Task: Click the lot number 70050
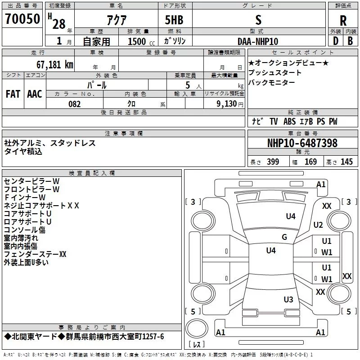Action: tap(22, 19)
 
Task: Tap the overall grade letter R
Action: tap(343, 21)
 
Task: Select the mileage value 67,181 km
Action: tap(54, 65)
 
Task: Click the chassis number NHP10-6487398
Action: tap(302, 143)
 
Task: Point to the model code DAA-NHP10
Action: tap(258, 41)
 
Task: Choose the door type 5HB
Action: tap(174, 20)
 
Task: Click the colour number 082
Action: tap(74, 104)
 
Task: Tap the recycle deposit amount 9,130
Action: tap(226, 104)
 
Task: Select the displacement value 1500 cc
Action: tap(141, 41)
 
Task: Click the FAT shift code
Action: tap(13, 94)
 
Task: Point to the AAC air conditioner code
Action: tap(35, 94)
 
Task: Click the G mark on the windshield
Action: tap(284, 237)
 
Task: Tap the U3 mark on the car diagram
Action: tap(288, 299)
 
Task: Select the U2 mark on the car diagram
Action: tap(318, 225)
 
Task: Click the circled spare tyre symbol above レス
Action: tap(197, 328)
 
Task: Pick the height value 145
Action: tap(346, 162)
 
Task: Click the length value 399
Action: tap(273, 162)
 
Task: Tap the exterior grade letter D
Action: tap(336, 41)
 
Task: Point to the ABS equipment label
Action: tap(289, 121)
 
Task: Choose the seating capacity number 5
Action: tap(188, 85)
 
